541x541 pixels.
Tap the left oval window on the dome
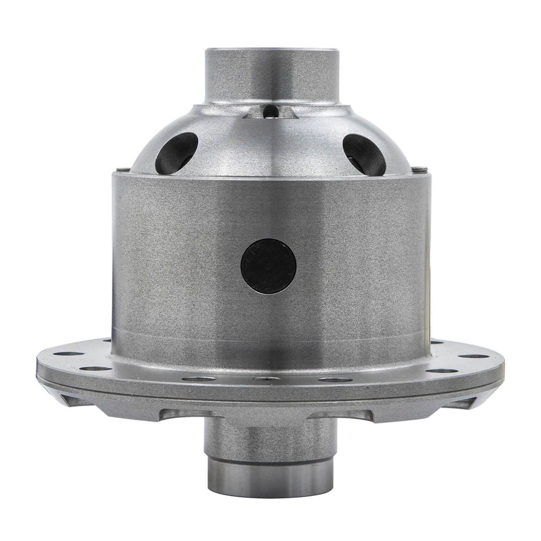[x=177, y=149]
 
